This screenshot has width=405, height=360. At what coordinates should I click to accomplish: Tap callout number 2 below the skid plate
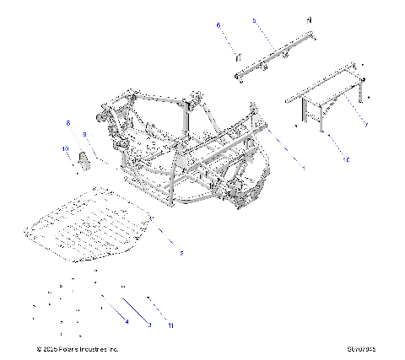(180, 251)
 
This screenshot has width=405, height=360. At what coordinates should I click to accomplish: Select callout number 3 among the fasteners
(149, 324)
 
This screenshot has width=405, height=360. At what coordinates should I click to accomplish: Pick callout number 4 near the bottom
(127, 322)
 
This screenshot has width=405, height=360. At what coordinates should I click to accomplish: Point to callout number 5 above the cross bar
(254, 19)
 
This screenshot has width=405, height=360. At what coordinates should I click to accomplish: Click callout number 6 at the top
(219, 26)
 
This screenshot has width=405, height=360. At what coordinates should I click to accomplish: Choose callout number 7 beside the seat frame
(365, 125)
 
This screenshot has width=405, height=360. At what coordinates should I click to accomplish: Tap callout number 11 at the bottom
(170, 324)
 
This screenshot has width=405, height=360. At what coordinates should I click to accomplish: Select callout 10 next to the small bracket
(64, 149)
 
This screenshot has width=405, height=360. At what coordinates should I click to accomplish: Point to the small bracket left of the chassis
(84, 160)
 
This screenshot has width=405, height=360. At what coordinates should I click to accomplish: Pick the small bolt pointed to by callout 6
(237, 56)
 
